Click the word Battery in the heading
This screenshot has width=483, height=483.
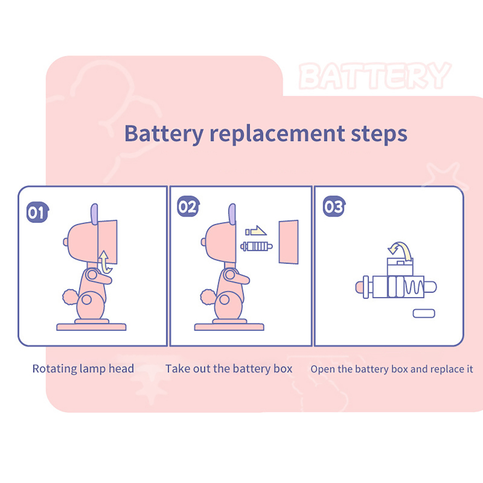click(164, 134)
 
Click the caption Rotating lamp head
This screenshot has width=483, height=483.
click(83, 369)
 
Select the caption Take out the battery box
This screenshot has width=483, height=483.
click(229, 369)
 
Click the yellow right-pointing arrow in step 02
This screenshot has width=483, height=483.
click(256, 231)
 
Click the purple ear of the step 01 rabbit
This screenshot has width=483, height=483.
click(94, 214)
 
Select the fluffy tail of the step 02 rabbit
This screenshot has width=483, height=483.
click(208, 297)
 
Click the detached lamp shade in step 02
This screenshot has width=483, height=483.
click(289, 242)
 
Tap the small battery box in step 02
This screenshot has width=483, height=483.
click(256, 246)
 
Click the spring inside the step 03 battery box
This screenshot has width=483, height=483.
click(414, 287)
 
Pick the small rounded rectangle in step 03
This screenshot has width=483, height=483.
click(424, 313)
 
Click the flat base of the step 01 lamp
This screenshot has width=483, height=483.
click(91, 327)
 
